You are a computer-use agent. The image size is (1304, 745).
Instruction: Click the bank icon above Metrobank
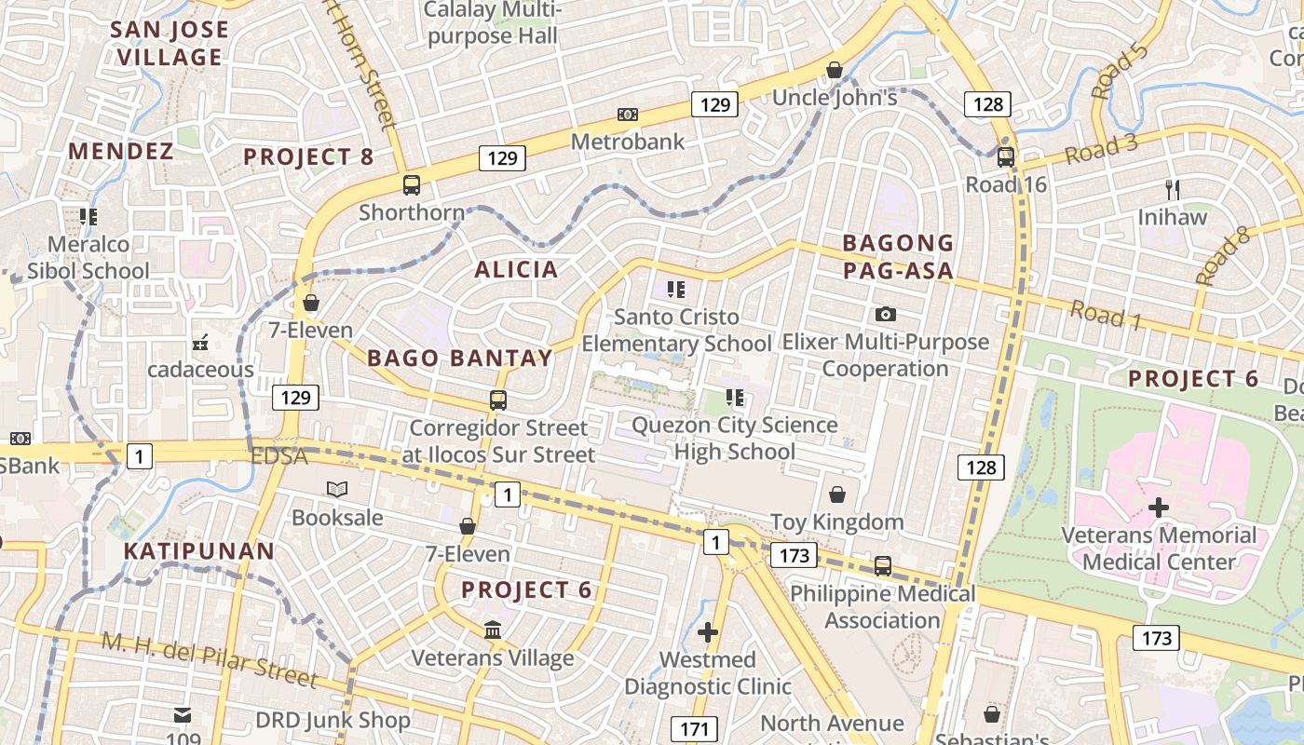pyautogui.click(x=628, y=115)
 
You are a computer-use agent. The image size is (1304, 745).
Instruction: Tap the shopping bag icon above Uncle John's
pyautogui.click(x=835, y=71)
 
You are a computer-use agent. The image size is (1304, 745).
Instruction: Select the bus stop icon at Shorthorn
pyautogui.click(x=412, y=185)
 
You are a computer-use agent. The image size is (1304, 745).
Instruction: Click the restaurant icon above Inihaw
pyautogui.click(x=1173, y=190)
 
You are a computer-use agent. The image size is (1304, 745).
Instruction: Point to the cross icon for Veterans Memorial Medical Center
pyautogui.click(x=1159, y=508)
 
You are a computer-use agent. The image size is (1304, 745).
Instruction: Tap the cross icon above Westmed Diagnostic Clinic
pyautogui.click(x=708, y=633)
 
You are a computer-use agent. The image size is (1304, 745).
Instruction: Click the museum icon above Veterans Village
pyautogui.click(x=493, y=630)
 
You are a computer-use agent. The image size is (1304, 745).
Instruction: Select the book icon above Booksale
pyautogui.click(x=336, y=490)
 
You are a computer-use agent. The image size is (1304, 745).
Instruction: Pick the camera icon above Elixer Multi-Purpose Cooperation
pyautogui.click(x=886, y=315)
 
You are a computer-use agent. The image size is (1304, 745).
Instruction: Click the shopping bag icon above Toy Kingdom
pyautogui.click(x=837, y=494)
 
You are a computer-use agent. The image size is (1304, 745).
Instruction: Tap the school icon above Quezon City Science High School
pyautogui.click(x=735, y=399)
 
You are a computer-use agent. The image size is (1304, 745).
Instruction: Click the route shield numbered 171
pyautogui.click(x=694, y=729)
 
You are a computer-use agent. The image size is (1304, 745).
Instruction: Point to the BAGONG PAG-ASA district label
pyautogui.click(x=898, y=257)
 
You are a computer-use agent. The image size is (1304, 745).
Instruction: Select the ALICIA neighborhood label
pyautogui.click(x=516, y=270)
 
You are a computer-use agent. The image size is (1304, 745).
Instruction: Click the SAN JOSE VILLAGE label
pyautogui.click(x=170, y=43)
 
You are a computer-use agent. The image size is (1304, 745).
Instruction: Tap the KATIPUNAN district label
pyautogui.click(x=199, y=551)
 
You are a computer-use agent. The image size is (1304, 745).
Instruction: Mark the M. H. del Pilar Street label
pyautogui.click(x=209, y=660)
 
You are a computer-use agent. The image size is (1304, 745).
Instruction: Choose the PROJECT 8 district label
pyautogui.click(x=308, y=157)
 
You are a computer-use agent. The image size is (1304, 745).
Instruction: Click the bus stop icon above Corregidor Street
pyautogui.click(x=498, y=400)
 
